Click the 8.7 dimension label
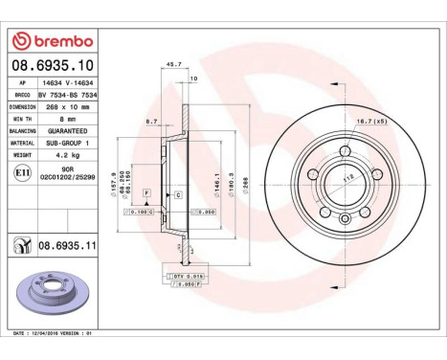click(151, 122)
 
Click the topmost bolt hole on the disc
click(342, 148)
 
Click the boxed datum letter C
click(177, 194)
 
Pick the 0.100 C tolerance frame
click(140, 212)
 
